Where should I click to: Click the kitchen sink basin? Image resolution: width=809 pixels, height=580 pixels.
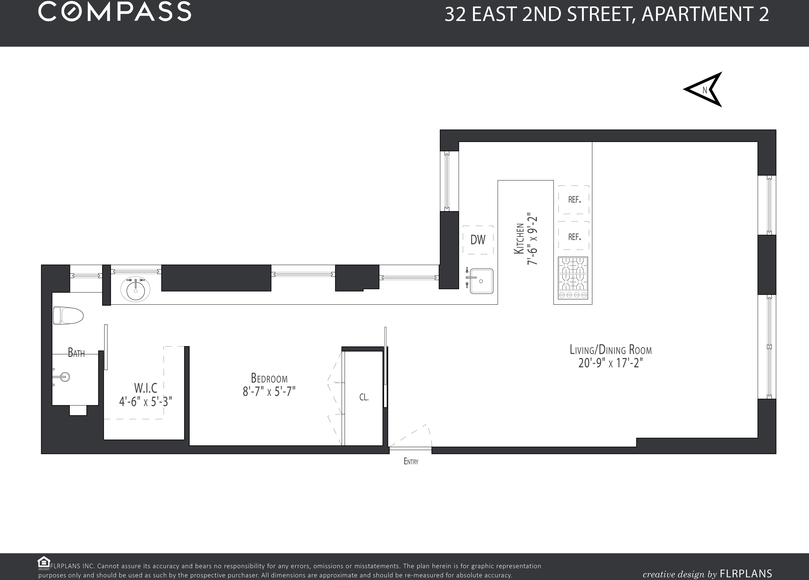[x=482, y=281]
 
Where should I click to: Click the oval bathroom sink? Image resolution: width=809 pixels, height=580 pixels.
[x=136, y=290]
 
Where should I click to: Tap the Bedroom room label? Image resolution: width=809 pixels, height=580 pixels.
[x=269, y=378]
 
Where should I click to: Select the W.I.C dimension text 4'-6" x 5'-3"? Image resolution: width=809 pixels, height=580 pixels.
[x=146, y=402]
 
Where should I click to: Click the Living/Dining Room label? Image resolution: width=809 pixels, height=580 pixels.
[x=611, y=350]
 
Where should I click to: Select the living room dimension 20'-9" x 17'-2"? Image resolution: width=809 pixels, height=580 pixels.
[x=611, y=363]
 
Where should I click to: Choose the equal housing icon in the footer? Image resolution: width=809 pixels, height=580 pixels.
[x=44, y=562]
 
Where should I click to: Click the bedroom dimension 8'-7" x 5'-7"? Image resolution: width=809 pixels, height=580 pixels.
[x=269, y=392]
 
